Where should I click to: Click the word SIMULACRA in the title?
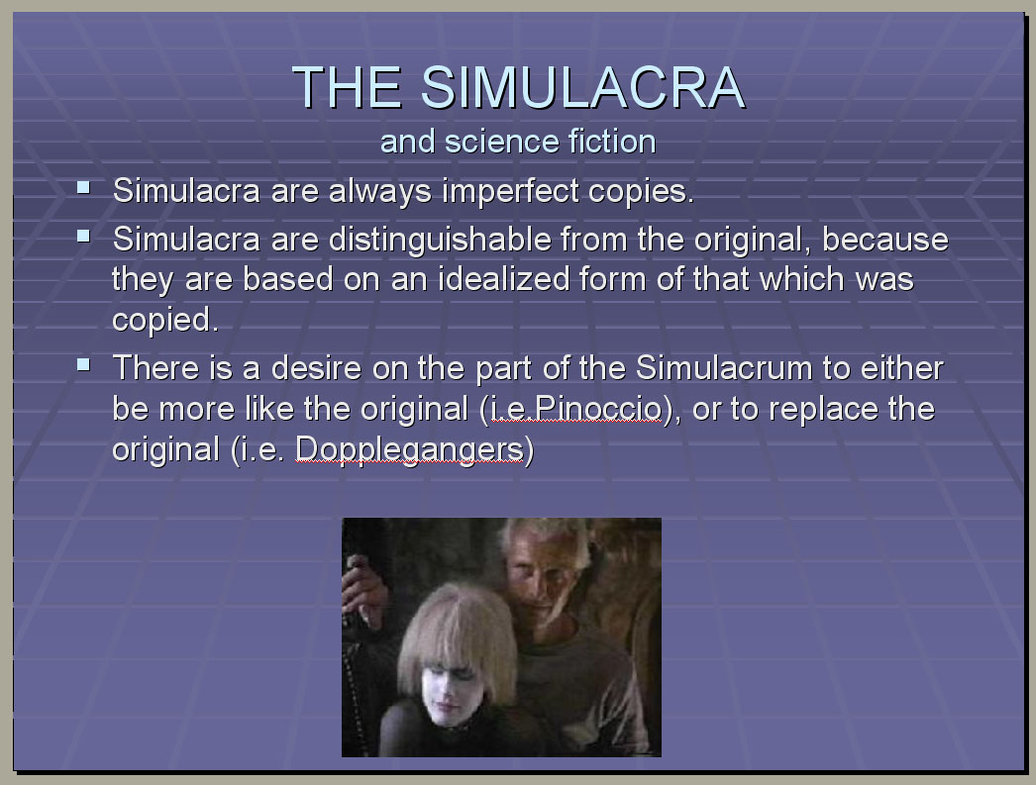tap(582, 87)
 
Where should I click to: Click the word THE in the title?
tap(347, 87)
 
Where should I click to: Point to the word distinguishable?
tap(440, 240)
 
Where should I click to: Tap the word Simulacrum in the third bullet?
tap(724, 367)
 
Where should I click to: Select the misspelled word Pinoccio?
tap(597, 410)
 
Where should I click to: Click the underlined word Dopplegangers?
tap(409, 449)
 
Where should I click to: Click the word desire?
tap(317, 367)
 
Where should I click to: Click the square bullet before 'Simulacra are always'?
tap(83, 187)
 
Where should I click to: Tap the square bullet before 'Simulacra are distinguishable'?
tap(83, 236)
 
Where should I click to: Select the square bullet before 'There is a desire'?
tap(83, 363)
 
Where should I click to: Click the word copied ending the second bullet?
tap(165, 320)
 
